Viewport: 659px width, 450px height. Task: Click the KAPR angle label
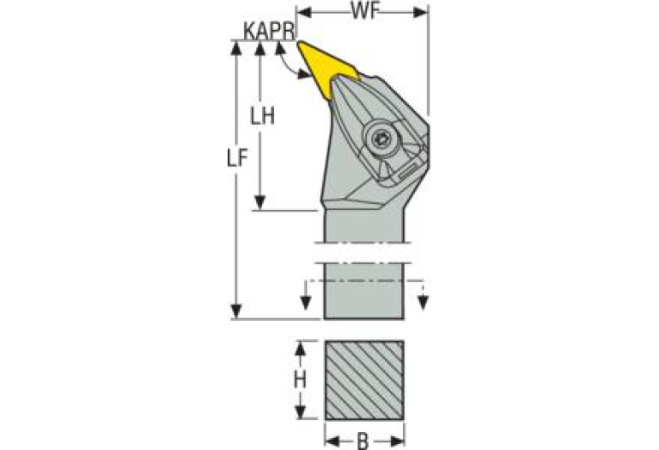270,31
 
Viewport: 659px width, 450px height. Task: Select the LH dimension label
263,116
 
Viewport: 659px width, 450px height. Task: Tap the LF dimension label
236,158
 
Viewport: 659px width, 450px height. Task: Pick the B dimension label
363,441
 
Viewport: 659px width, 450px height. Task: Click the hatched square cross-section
364,380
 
